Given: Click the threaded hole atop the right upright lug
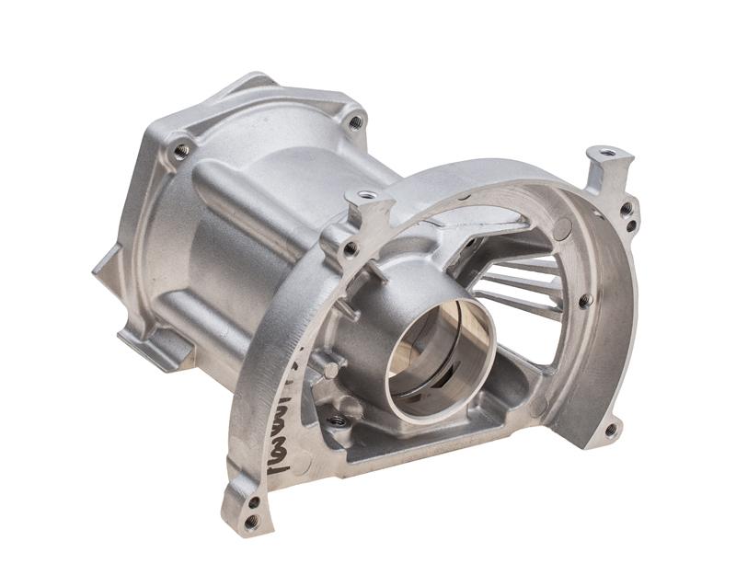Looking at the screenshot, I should click(605, 151).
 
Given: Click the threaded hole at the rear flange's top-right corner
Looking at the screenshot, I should click(355, 121).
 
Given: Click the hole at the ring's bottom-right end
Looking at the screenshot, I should click(610, 428).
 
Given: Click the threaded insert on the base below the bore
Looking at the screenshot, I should click(338, 420).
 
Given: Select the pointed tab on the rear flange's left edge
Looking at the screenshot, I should click(103, 267).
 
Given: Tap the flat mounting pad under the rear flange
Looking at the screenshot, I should click(156, 350).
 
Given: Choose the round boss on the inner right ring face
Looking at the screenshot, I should click(539, 405).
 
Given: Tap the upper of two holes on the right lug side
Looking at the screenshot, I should click(627, 209).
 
